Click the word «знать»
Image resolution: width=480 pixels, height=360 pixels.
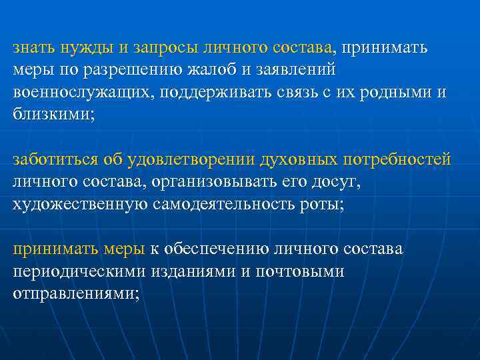[33, 48]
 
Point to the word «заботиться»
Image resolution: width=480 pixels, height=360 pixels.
[55, 159]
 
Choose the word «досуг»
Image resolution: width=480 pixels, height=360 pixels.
[337, 182]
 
